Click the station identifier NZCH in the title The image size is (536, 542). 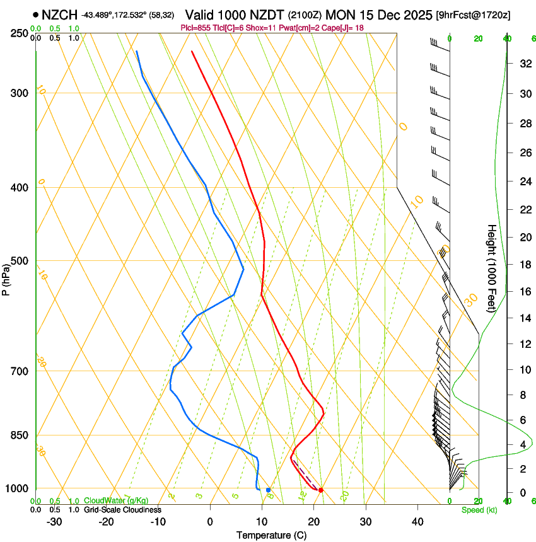click(59, 14)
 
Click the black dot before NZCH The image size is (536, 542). click(35, 14)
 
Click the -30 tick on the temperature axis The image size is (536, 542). click(54, 521)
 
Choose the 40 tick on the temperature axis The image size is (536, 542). click(417, 521)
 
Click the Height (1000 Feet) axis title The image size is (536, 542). click(492, 268)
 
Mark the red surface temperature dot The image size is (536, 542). click(321, 490)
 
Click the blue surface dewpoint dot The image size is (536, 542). click(269, 490)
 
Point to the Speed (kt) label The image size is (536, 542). click(479, 510)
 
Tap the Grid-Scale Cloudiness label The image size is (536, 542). click(122, 510)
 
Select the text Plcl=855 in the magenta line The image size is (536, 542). click(196, 28)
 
